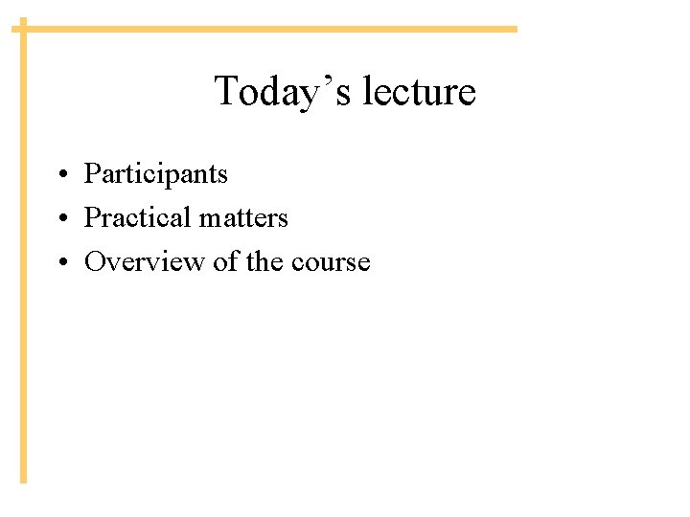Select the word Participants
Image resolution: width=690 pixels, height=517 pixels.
click(x=156, y=175)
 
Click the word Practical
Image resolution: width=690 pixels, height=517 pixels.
click(x=138, y=218)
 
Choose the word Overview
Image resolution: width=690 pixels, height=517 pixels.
click(x=145, y=261)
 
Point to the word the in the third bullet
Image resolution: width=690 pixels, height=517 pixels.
click(x=264, y=261)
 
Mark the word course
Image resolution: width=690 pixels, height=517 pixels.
click(x=330, y=263)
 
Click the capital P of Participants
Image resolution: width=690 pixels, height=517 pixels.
click(x=92, y=174)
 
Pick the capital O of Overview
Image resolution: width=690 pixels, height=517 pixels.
click(x=95, y=261)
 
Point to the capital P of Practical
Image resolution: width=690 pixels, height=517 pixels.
click(x=92, y=218)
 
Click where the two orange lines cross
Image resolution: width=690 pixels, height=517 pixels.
click(x=24, y=29)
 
